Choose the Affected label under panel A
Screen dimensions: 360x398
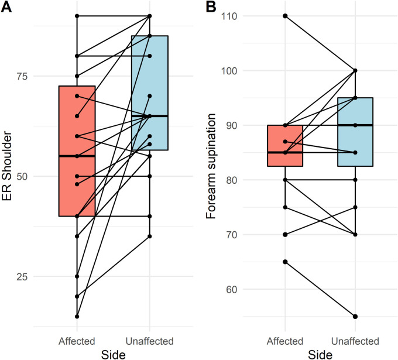pos(77,340)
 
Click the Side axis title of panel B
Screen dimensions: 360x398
pos(320,354)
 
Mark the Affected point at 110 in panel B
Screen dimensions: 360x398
pos(285,16)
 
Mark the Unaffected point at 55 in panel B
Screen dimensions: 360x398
pos(355,317)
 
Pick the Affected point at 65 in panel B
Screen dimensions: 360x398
pos(285,262)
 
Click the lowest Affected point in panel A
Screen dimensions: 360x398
pos(77,316)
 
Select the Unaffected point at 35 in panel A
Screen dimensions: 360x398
pos(150,236)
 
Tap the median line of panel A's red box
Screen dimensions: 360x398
pos(77,156)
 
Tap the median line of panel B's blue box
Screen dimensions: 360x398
pos(355,125)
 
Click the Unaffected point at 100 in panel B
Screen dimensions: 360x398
pos(355,70)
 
